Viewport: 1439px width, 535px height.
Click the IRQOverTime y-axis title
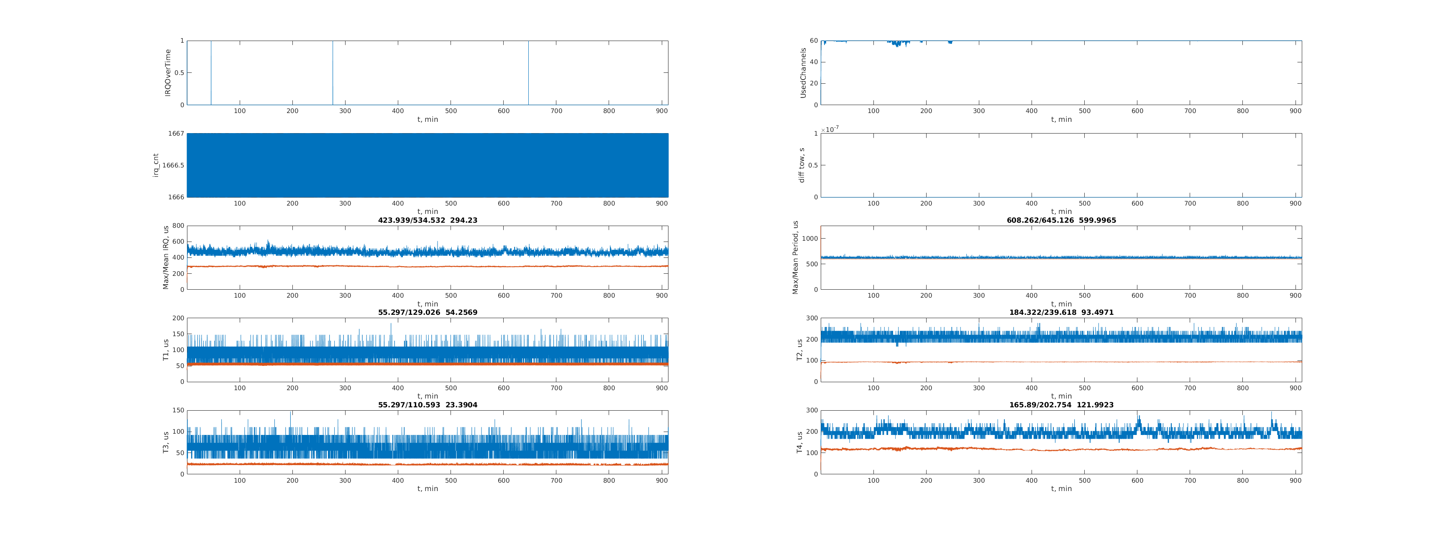(x=168, y=73)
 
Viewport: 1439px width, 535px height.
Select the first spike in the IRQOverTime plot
(x=211, y=73)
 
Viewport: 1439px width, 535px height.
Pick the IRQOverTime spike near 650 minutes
(x=528, y=73)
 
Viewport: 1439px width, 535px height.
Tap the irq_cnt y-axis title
(x=156, y=165)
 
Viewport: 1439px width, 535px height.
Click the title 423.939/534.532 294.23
(x=428, y=220)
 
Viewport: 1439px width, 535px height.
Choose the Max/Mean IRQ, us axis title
(x=166, y=258)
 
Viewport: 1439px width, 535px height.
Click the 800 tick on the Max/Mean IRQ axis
(x=178, y=226)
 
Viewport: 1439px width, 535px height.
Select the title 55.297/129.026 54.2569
(x=428, y=313)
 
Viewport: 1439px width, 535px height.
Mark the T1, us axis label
(x=166, y=350)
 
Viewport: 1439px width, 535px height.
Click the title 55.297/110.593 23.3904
(x=428, y=405)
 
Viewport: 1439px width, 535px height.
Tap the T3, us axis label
(x=166, y=442)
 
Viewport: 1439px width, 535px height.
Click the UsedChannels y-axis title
(x=803, y=73)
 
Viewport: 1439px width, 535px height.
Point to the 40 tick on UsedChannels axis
(x=814, y=62)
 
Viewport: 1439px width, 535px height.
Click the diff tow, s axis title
(x=801, y=165)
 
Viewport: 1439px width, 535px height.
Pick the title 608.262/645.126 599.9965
(x=1061, y=220)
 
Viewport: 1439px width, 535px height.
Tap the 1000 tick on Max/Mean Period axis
(x=810, y=239)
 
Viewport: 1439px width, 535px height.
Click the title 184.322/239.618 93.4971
(x=1061, y=313)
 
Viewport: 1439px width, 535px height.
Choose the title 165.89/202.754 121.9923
(x=1061, y=405)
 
